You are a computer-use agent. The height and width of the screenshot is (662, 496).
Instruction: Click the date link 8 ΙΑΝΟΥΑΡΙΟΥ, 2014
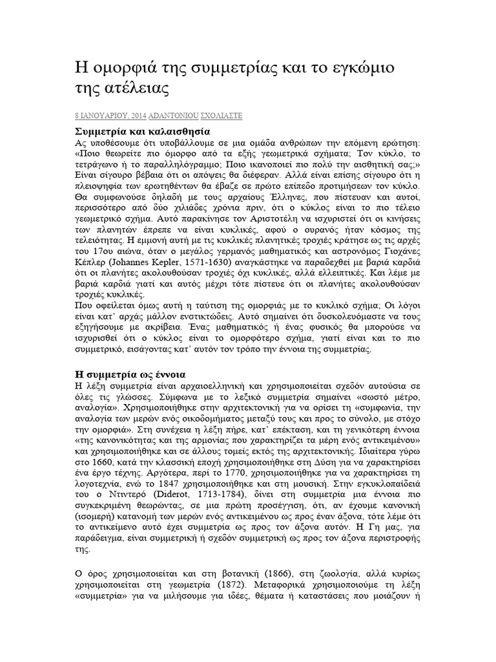tap(110, 116)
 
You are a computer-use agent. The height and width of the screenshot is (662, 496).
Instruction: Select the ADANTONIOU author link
tap(176, 116)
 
